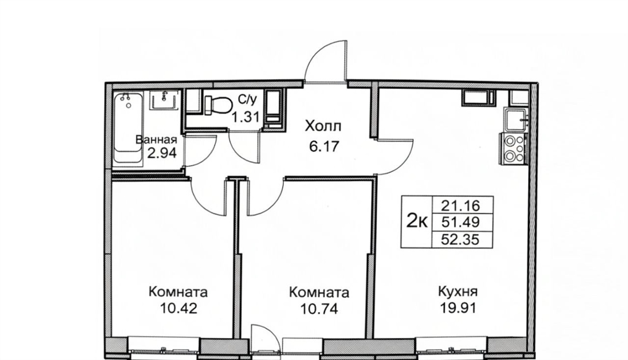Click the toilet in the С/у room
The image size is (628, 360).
point(218,104)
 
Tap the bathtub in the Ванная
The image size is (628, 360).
point(128,128)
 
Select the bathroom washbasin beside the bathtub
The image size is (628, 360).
point(164,99)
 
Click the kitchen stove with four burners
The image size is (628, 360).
point(512,148)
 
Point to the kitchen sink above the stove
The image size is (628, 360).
point(516,120)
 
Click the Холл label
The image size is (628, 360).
point(323,126)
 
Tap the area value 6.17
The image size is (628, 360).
point(324,146)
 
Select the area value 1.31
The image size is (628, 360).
point(246,117)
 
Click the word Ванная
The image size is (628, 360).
point(156,140)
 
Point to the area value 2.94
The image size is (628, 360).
point(162,153)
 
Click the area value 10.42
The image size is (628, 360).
point(178,308)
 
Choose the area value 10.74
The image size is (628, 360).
point(319,308)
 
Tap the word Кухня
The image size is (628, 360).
point(458,291)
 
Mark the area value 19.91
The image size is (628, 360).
point(458,308)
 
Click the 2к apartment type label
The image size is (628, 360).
point(417,221)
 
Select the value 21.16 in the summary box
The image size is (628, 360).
point(460,206)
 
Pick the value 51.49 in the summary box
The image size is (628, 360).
point(460,222)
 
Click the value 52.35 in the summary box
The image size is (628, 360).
point(460,239)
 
